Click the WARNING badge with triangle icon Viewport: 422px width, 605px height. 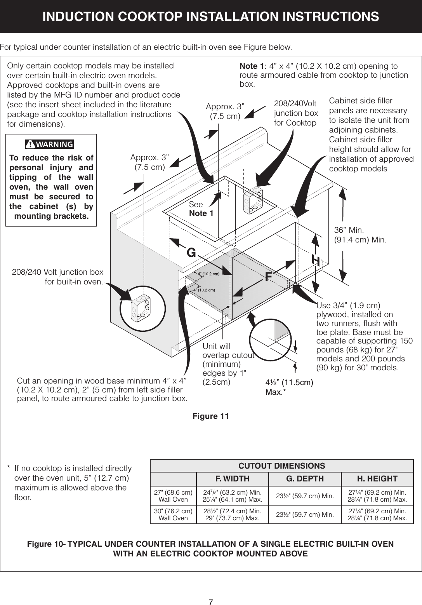click(49, 144)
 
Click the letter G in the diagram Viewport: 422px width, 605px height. click(191, 253)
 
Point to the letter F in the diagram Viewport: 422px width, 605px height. click(268, 277)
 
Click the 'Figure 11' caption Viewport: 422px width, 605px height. click(211, 416)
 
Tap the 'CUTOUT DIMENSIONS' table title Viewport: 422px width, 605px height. click(281, 466)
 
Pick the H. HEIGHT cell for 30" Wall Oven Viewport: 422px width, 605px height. click(377, 514)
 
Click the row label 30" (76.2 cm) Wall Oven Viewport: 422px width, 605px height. click(174, 514)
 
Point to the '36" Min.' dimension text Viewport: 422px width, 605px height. click(347, 229)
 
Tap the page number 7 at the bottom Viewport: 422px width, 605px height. click(211, 591)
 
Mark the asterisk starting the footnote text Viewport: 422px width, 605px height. click(9, 468)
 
